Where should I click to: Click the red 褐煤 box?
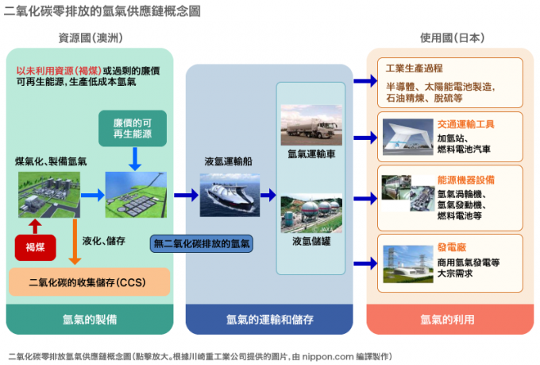[x=35, y=247]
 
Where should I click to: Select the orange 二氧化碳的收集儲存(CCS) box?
[x=89, y=282]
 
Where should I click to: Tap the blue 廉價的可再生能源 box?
[x=130, y=126]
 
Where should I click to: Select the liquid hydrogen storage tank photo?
[x=310, y=213]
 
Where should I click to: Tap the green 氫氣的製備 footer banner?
[x=90, y=320]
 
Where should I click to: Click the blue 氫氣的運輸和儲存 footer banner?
[x=268, y=320]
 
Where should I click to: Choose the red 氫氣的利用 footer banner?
[x=447, y=320]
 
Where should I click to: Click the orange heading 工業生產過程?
[x=413, y=68]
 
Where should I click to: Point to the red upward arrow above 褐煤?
[x=34, y=223]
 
